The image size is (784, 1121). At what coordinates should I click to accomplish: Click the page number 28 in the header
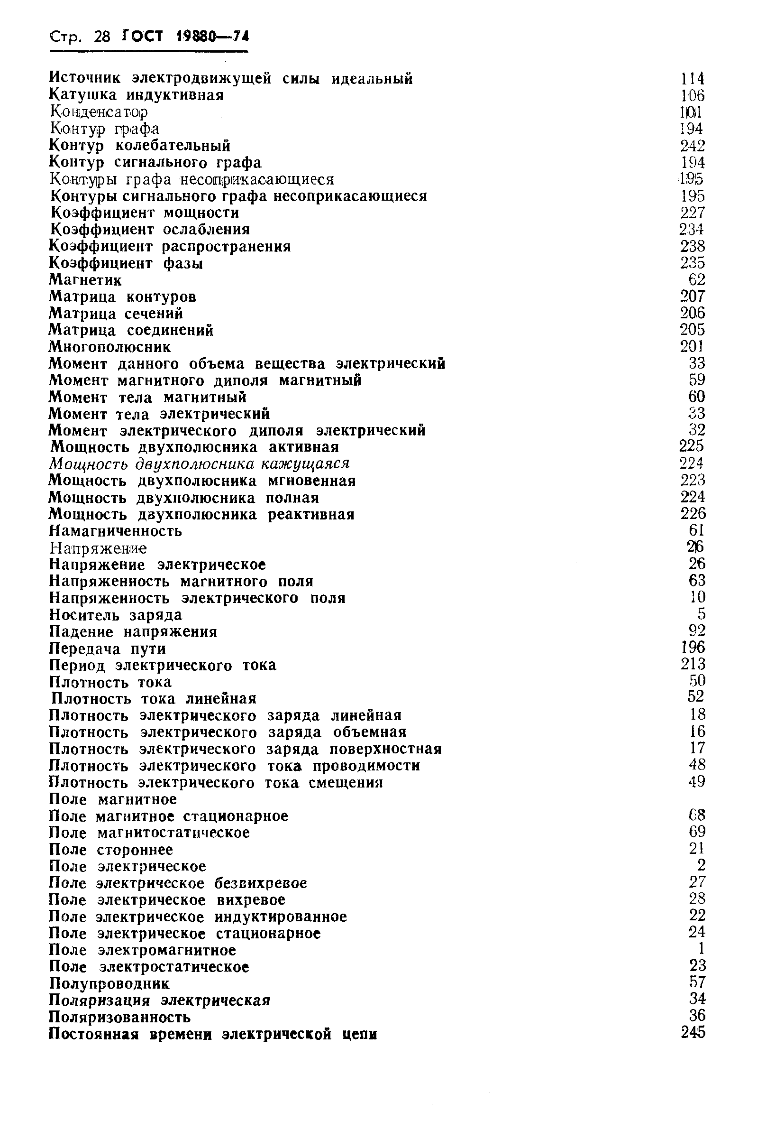(102, 37)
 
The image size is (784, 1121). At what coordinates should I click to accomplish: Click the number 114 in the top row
(693, 79)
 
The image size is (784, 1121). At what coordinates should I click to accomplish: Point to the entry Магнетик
(85, 280)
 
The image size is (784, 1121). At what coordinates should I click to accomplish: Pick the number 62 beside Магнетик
(696, 280)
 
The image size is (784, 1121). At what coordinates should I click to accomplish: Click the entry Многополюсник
(110, 347)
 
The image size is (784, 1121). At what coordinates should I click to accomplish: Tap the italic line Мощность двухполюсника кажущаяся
(199, 463)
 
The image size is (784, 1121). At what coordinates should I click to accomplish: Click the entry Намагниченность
(116, 531)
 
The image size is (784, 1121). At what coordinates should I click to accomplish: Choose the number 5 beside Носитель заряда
(701, 614)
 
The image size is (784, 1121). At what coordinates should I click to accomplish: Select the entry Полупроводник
(109, 983)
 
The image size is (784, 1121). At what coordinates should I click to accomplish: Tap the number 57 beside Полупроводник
(697, 982)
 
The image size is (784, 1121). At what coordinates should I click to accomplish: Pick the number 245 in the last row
(693, 1033)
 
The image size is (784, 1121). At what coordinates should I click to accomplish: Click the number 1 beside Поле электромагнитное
(702, 949)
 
